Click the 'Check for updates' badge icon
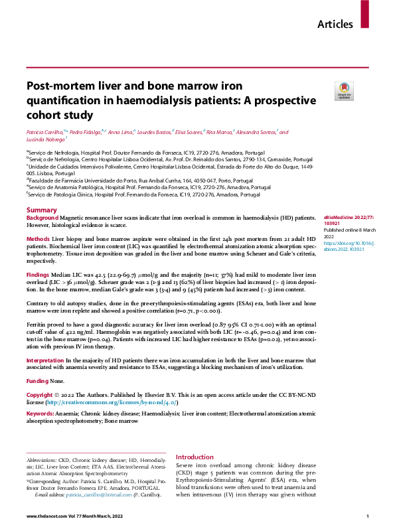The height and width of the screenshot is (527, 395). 344,91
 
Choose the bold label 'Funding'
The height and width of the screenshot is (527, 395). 37,382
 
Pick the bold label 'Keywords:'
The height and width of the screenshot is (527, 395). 40,414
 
